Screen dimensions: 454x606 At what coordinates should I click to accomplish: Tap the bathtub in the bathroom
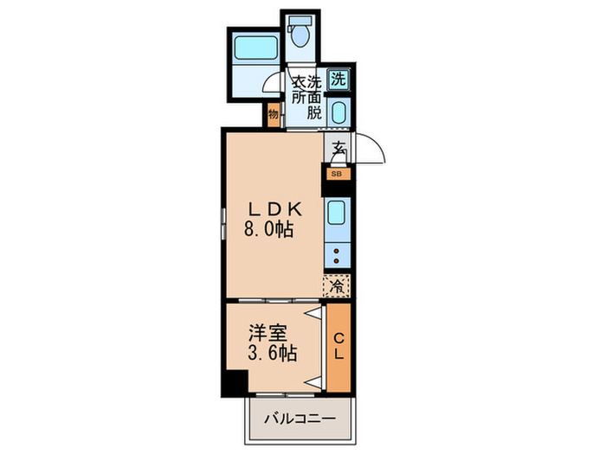(x=255, y=54)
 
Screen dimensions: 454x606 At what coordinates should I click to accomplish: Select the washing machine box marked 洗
(x=338, y=79)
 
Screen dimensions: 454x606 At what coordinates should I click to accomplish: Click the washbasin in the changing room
(x=338, y=112)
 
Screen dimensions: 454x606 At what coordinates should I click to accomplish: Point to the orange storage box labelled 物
(x=273, y=114)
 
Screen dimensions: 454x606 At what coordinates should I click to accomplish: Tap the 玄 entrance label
(x=337, y=149)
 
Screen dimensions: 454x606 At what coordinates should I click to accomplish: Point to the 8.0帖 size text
(x=271, y=230)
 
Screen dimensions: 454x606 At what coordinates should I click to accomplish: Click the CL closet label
(x=338, y=346)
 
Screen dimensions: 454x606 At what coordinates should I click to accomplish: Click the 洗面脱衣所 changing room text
(x=305, y=97)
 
